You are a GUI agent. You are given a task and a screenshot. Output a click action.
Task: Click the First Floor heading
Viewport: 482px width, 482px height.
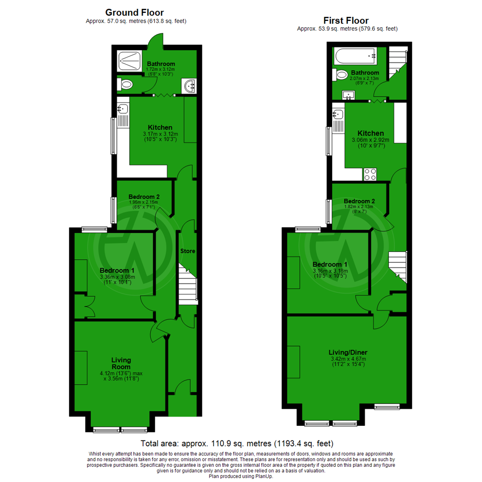[x=346, y=21]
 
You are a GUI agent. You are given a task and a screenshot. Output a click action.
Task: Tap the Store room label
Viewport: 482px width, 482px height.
[x=187, y=251]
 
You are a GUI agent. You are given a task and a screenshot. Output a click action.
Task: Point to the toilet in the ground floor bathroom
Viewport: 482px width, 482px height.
[x=125, y=84]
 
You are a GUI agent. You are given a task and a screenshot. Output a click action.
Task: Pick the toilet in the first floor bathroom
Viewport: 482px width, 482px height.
[x=342, y=75]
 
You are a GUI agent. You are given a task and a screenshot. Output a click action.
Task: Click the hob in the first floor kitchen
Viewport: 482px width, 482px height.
[x=370, y=174]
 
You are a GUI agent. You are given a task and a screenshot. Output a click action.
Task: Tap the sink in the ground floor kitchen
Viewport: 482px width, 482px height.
[x=122, y=108]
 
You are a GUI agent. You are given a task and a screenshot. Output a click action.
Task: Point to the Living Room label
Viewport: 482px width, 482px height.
[x=121, y=363]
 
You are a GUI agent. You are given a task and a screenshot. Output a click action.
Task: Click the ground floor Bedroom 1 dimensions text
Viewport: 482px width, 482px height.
[x=117, y=279]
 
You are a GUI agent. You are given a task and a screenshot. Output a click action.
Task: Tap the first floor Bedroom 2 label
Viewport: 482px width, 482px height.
[x=359, y=200]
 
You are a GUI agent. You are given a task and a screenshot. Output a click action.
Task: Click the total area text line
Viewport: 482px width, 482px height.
[x=237, y=444]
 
